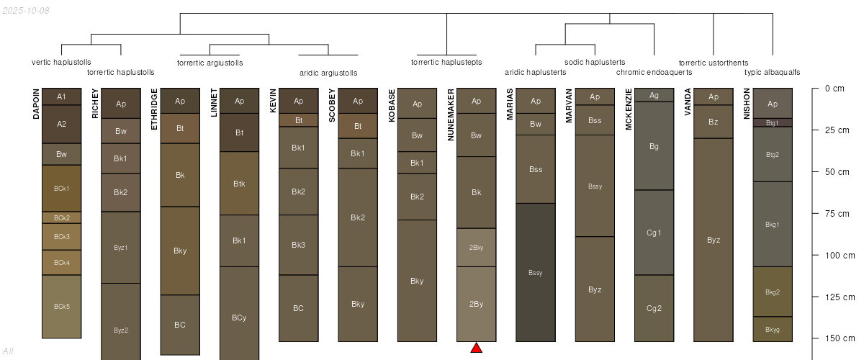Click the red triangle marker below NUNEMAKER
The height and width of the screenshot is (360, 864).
click(477, 348)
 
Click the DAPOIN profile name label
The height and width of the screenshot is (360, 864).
click(36, 104)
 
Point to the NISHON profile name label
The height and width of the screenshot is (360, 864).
click(747, 104)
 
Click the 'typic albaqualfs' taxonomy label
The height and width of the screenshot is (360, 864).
click(772, 72)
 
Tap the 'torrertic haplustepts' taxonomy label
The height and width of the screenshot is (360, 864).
click(446, 62)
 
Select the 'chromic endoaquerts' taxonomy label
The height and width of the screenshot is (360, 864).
click(654, 72)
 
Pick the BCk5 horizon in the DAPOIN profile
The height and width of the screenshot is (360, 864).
click(61, 307)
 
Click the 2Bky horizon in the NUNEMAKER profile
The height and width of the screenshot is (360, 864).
click(477, 248)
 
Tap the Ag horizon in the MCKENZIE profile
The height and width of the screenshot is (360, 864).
click(654, 95)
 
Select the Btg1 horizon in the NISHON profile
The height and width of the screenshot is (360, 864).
click(773, 122)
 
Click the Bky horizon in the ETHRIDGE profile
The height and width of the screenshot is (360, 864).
click(180, 251)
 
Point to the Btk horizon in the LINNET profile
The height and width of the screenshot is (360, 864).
click(240, 184)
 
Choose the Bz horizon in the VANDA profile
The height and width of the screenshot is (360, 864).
click(714, 122)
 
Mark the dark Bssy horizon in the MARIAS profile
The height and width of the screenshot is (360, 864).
click(536, 272)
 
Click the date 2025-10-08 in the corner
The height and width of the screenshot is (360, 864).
click(26, 10)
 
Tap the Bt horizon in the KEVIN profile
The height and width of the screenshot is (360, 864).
click(299, 120)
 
